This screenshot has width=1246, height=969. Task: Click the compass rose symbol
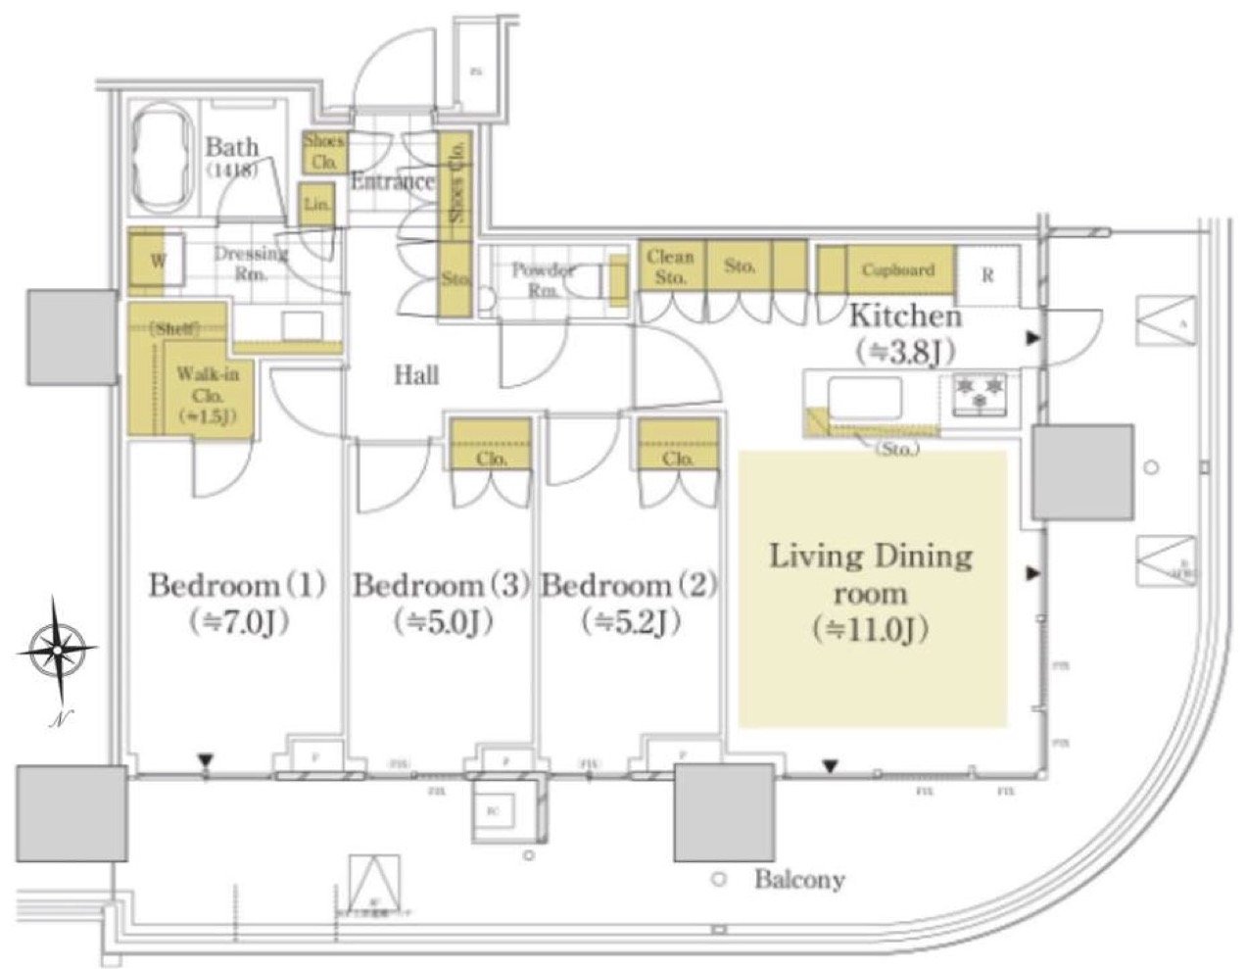click(58, 649)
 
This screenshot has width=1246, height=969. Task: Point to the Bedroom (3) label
click(440, 587)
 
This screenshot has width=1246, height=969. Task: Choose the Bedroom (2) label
click(629, 587)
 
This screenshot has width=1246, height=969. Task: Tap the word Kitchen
click(904, 316)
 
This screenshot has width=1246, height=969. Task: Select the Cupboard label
click(898, 269)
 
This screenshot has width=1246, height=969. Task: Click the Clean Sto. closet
click(671, 266)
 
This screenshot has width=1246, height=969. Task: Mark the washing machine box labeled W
click(157, 262)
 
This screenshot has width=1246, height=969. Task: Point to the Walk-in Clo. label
click(203, 385)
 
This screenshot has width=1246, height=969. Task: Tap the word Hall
click(416, 374)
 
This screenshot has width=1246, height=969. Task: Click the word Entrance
click(392, 182)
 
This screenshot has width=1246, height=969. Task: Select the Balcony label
click(798, 879)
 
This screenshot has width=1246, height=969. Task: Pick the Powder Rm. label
click(544, 279)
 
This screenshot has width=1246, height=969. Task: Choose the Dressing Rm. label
click(251, 262)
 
